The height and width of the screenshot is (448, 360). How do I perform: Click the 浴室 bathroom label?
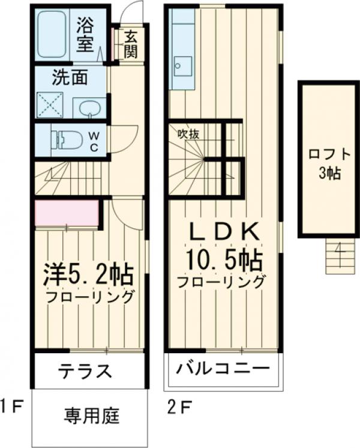tap(88, 35)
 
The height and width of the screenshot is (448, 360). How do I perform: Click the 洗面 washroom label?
tap(70, 77)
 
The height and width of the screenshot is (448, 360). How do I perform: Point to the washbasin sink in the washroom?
tap(89, 109)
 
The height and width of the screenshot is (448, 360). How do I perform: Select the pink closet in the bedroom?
tap(67, 214)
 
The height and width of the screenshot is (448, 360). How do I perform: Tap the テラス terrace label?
tap(85, 372)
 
